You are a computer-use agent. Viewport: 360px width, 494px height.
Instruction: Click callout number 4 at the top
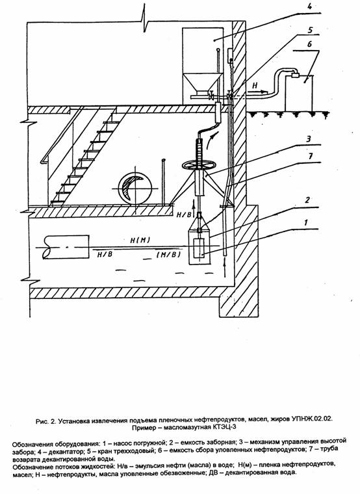click(310, 6)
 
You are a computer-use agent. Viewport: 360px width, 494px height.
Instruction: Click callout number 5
click(310, 30)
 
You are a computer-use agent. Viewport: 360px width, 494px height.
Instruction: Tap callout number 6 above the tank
click(309, 44)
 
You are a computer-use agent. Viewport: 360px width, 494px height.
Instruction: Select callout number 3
click(309, 139)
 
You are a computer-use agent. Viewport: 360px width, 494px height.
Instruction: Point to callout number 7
click(310, 157)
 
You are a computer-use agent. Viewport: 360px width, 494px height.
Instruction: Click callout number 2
click(307, 200)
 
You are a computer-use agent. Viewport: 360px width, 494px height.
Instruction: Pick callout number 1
click(305, 223)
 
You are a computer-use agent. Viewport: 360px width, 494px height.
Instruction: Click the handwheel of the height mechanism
click(199, 164)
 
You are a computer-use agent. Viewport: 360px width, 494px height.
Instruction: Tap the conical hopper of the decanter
click(199, 83)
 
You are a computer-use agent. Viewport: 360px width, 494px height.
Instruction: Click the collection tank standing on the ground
click(299, 92)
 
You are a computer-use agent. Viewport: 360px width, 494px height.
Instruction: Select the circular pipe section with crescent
click(135, 188)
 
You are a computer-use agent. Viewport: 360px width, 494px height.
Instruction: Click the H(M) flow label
click(140, 240)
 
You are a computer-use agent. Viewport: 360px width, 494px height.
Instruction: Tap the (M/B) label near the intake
click(168, 255)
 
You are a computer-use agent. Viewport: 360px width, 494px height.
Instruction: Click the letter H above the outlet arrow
click(255, 85)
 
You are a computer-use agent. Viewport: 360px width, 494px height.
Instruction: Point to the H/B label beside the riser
click(184, 215)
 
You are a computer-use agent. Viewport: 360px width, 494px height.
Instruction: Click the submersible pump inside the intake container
click(199, 248)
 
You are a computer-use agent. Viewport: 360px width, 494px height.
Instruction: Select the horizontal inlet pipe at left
click(66, 247)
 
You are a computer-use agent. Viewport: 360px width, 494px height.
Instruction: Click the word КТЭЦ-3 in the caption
click(225, 428)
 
